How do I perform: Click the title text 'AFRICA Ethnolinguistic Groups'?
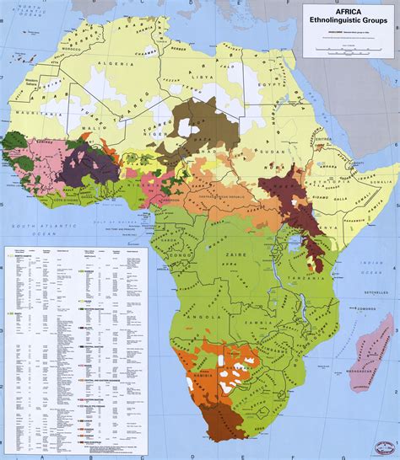[x=347, y=17]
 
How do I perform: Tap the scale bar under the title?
[x=347, y=45]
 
